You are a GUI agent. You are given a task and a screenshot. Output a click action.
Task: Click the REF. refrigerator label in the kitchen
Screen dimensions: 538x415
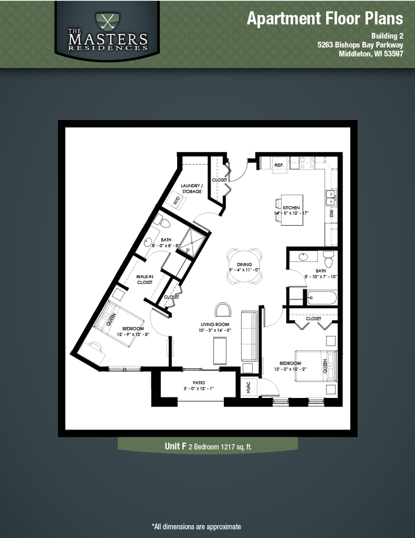(x=279, y=164)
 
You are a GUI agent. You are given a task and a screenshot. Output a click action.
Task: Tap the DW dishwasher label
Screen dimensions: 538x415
(x=331, y=213)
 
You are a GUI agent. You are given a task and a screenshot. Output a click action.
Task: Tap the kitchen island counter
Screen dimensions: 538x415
(x=292, y=210)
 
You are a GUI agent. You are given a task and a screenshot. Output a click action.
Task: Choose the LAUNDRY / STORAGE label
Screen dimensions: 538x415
(x=191, y=188)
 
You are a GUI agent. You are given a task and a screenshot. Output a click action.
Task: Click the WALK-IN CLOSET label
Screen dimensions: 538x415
(x=145, y=279)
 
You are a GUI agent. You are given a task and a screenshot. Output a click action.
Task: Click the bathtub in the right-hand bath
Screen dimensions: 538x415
(x=321, y=298)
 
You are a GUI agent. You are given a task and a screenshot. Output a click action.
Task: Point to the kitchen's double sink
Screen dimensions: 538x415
(x=330, y=197)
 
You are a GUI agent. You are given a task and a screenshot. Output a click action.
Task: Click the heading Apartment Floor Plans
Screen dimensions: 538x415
(x=324, y=18)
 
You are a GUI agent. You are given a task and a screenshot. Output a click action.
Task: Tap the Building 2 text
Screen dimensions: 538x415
(x=387, y=36)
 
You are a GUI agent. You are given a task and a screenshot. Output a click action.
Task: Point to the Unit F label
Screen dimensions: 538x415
(x=176, y=446)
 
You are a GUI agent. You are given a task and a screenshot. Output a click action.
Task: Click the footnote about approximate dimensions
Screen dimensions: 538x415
(x=196, y=526)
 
